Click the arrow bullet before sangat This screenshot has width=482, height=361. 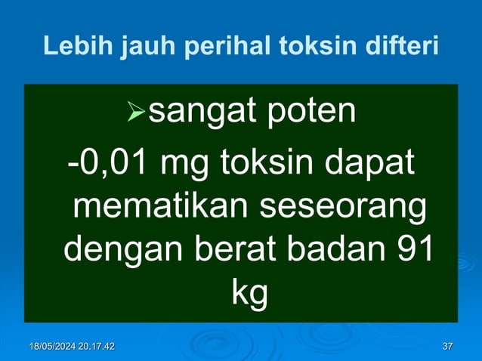pyautogui.click(x=135, y=113)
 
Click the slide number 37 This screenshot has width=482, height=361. pyautogui.click(x=447, y=347)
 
